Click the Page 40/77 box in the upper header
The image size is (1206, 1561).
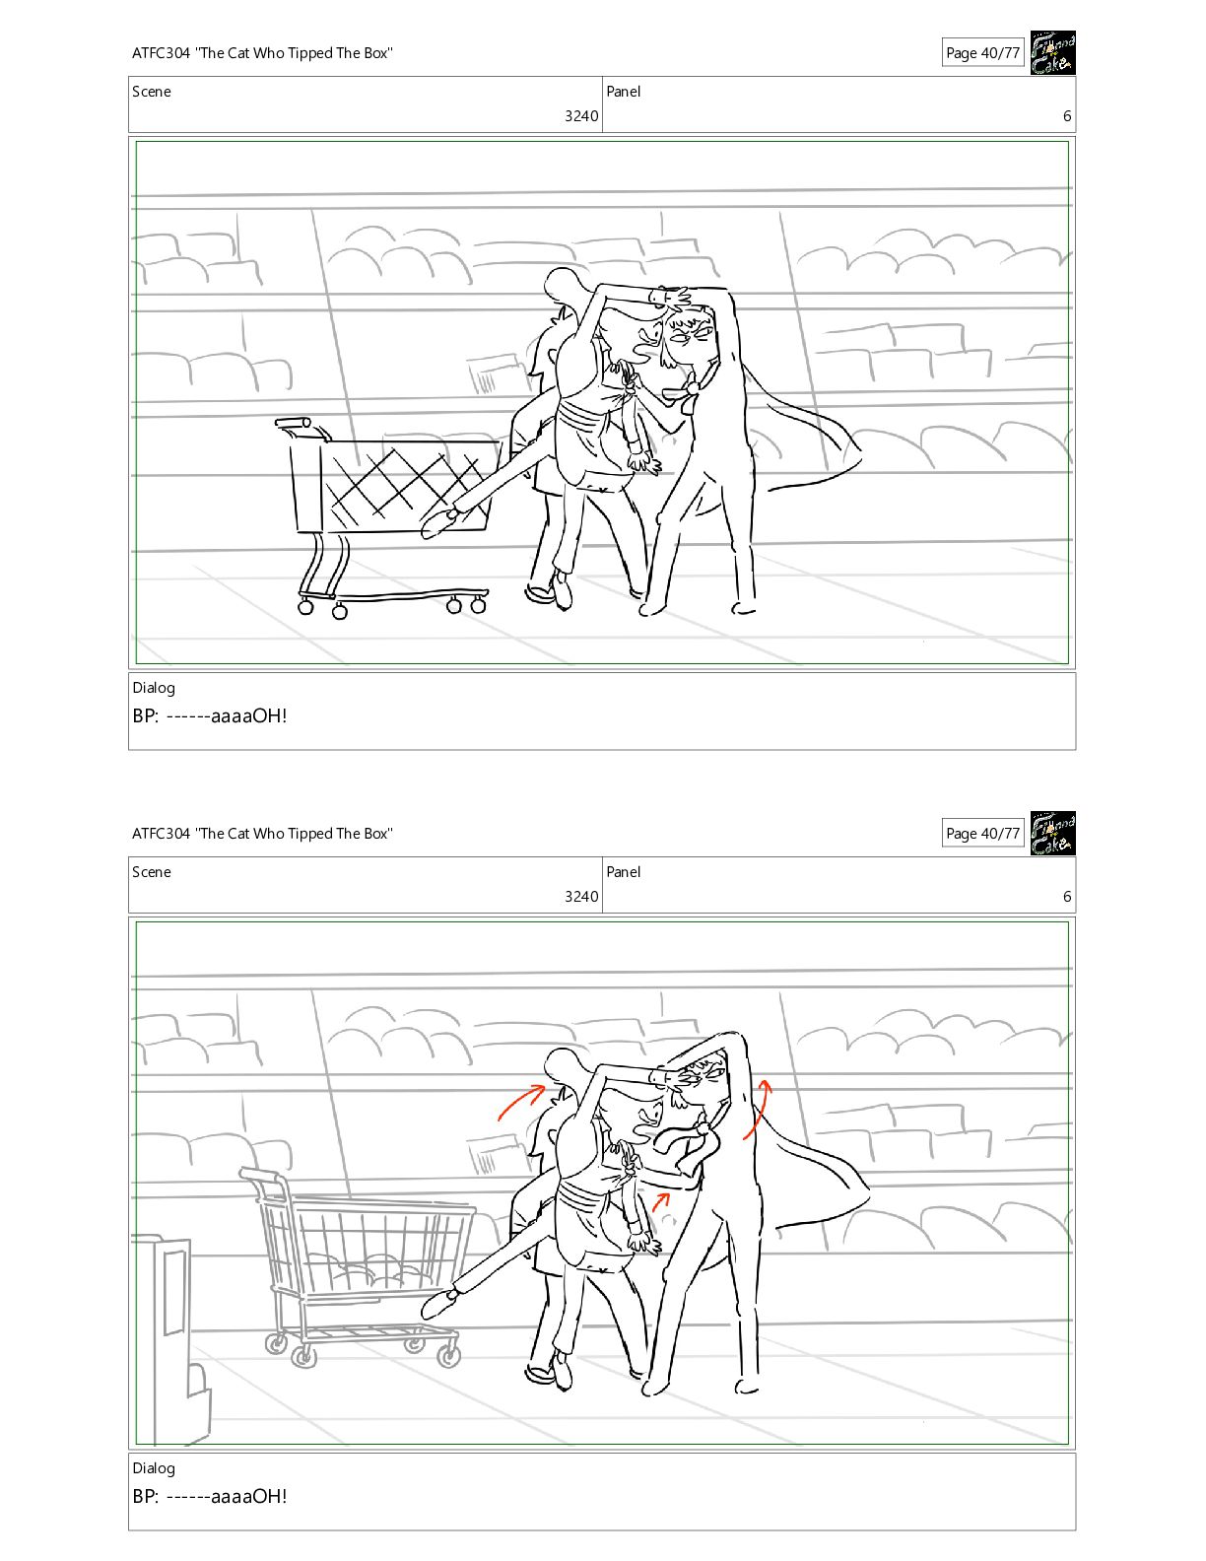point(982,52)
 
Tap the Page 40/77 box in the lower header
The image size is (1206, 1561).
point(982,833)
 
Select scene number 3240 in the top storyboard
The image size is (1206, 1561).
point(581,115)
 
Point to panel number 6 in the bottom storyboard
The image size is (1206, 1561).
point(1067,896)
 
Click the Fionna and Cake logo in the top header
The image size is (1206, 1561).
point(1052,52)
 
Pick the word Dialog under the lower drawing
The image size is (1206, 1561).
point(154,1468)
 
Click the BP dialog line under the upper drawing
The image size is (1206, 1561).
point(210,715)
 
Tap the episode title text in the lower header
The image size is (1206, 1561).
point(262,834)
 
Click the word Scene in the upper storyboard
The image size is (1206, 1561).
point(152,92)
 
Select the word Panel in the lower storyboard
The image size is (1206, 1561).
point(623,871)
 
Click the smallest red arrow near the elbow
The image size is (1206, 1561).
point(661,1200)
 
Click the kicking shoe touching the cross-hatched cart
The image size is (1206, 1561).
point(439,522)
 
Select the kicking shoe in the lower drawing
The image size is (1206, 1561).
point(439,1303)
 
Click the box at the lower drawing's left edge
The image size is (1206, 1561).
point(171,1337)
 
